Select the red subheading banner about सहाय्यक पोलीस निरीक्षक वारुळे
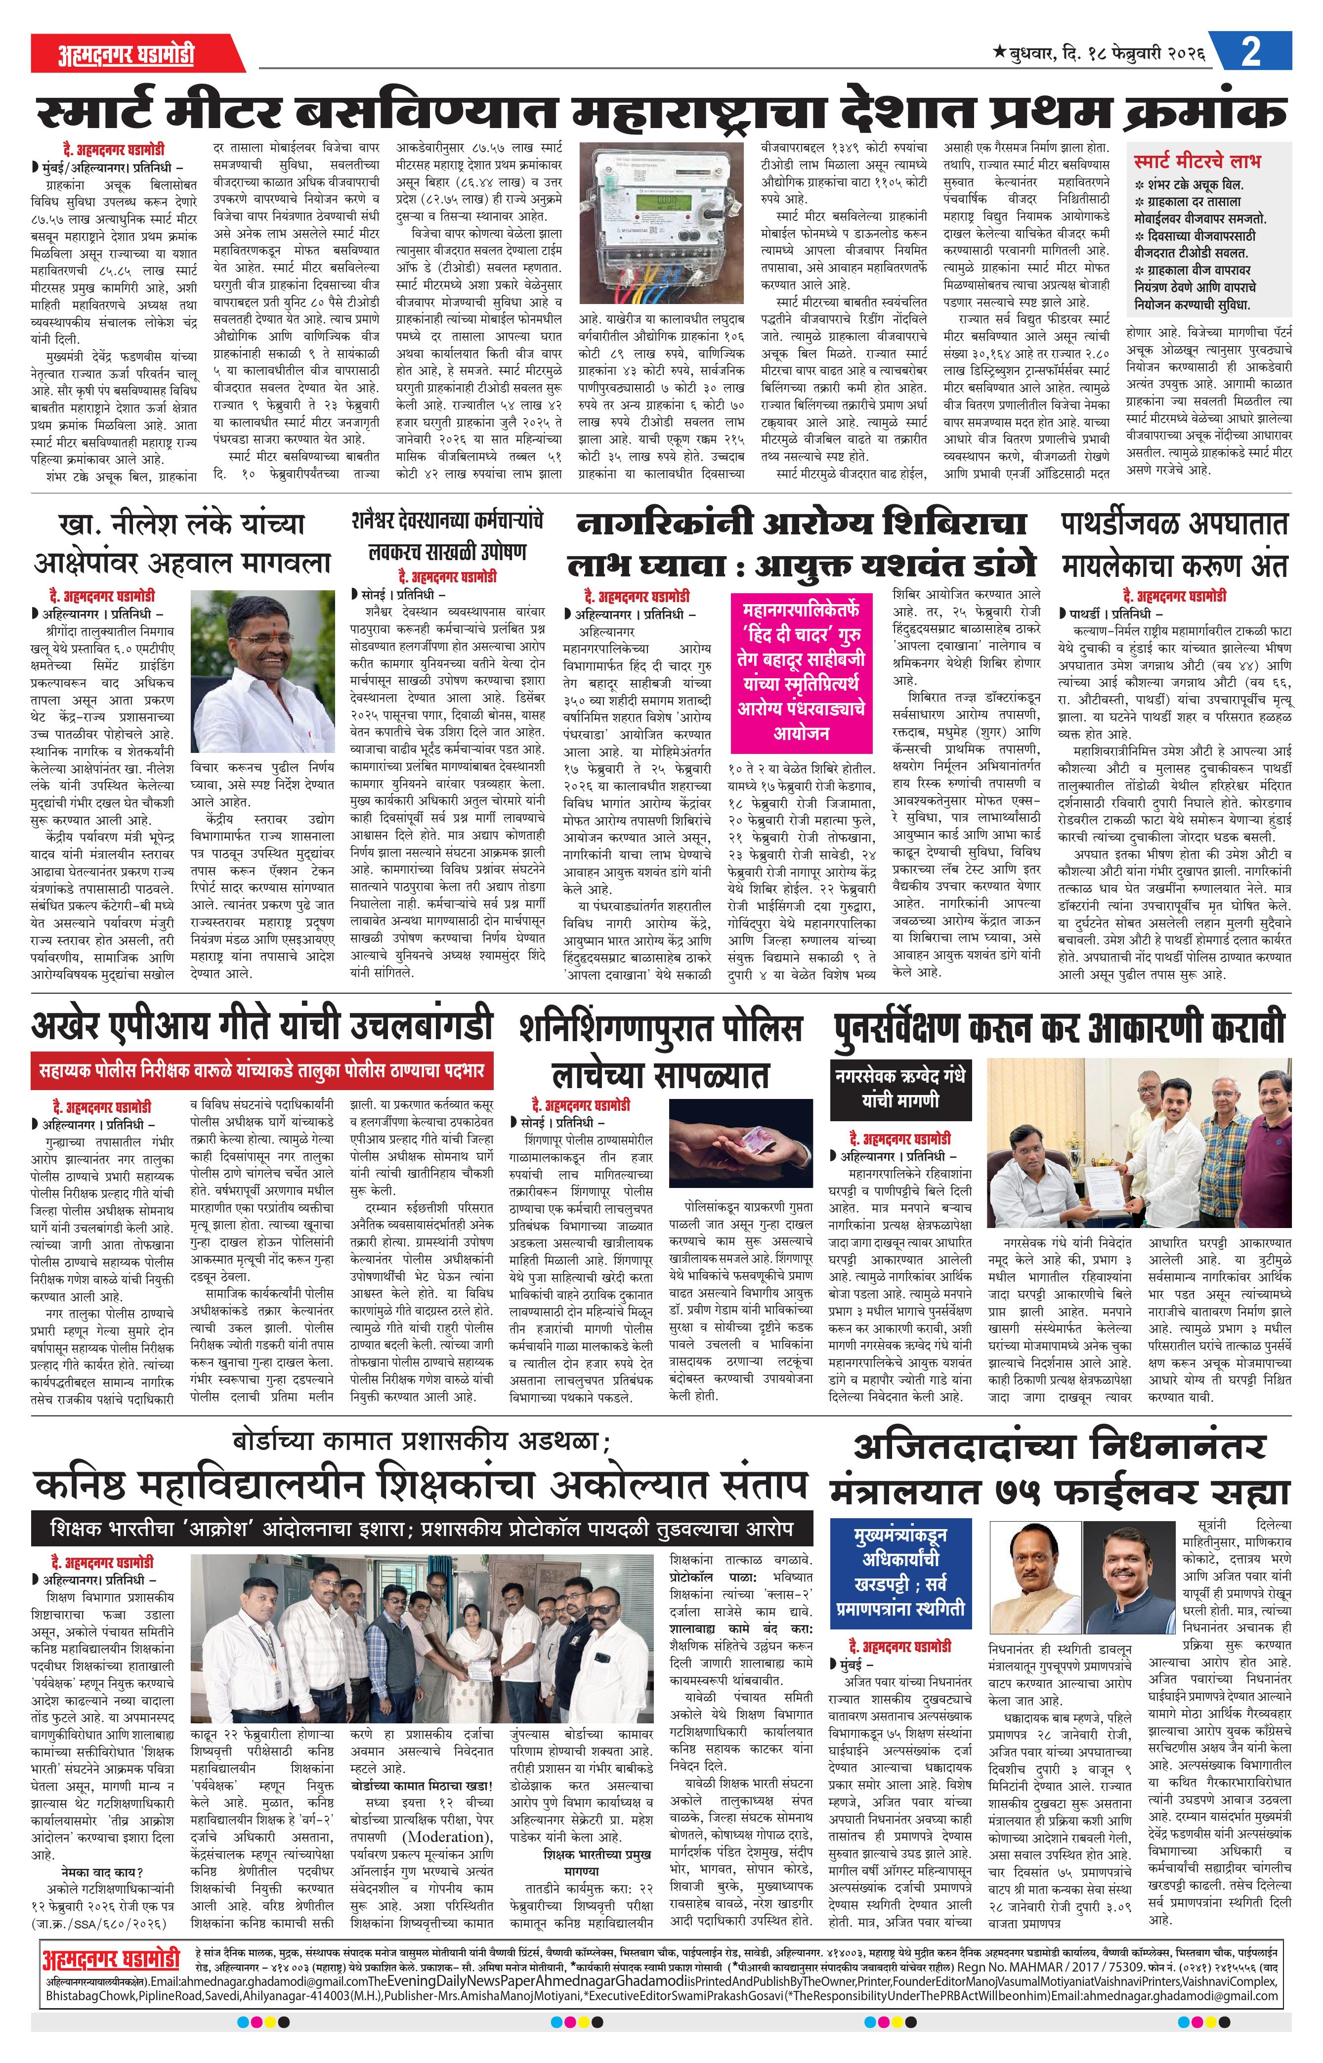(262, 1071)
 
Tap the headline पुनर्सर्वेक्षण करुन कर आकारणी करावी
(1059, 1028)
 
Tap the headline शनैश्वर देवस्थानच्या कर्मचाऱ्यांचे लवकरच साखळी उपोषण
(448, 536)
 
